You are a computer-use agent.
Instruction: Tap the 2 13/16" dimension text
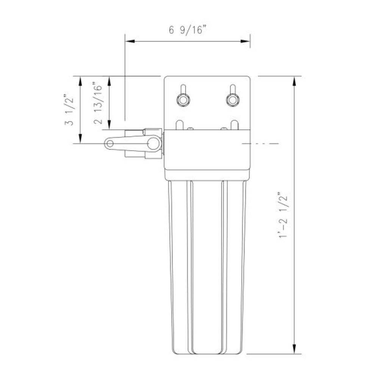(98, 103)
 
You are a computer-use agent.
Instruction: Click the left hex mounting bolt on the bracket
(183, 100)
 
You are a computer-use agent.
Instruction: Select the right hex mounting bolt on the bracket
(232, 100)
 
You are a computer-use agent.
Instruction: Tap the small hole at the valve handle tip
(110, 143)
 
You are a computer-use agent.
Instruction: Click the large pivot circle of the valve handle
(153, 143)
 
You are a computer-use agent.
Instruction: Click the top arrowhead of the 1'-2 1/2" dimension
(294, 80)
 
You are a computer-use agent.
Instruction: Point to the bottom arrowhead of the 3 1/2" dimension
(80, 139)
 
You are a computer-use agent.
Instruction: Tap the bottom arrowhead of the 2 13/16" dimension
(110, 126)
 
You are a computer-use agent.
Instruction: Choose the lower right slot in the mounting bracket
(235, 125)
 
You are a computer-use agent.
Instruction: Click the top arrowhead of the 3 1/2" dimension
(80, 80)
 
